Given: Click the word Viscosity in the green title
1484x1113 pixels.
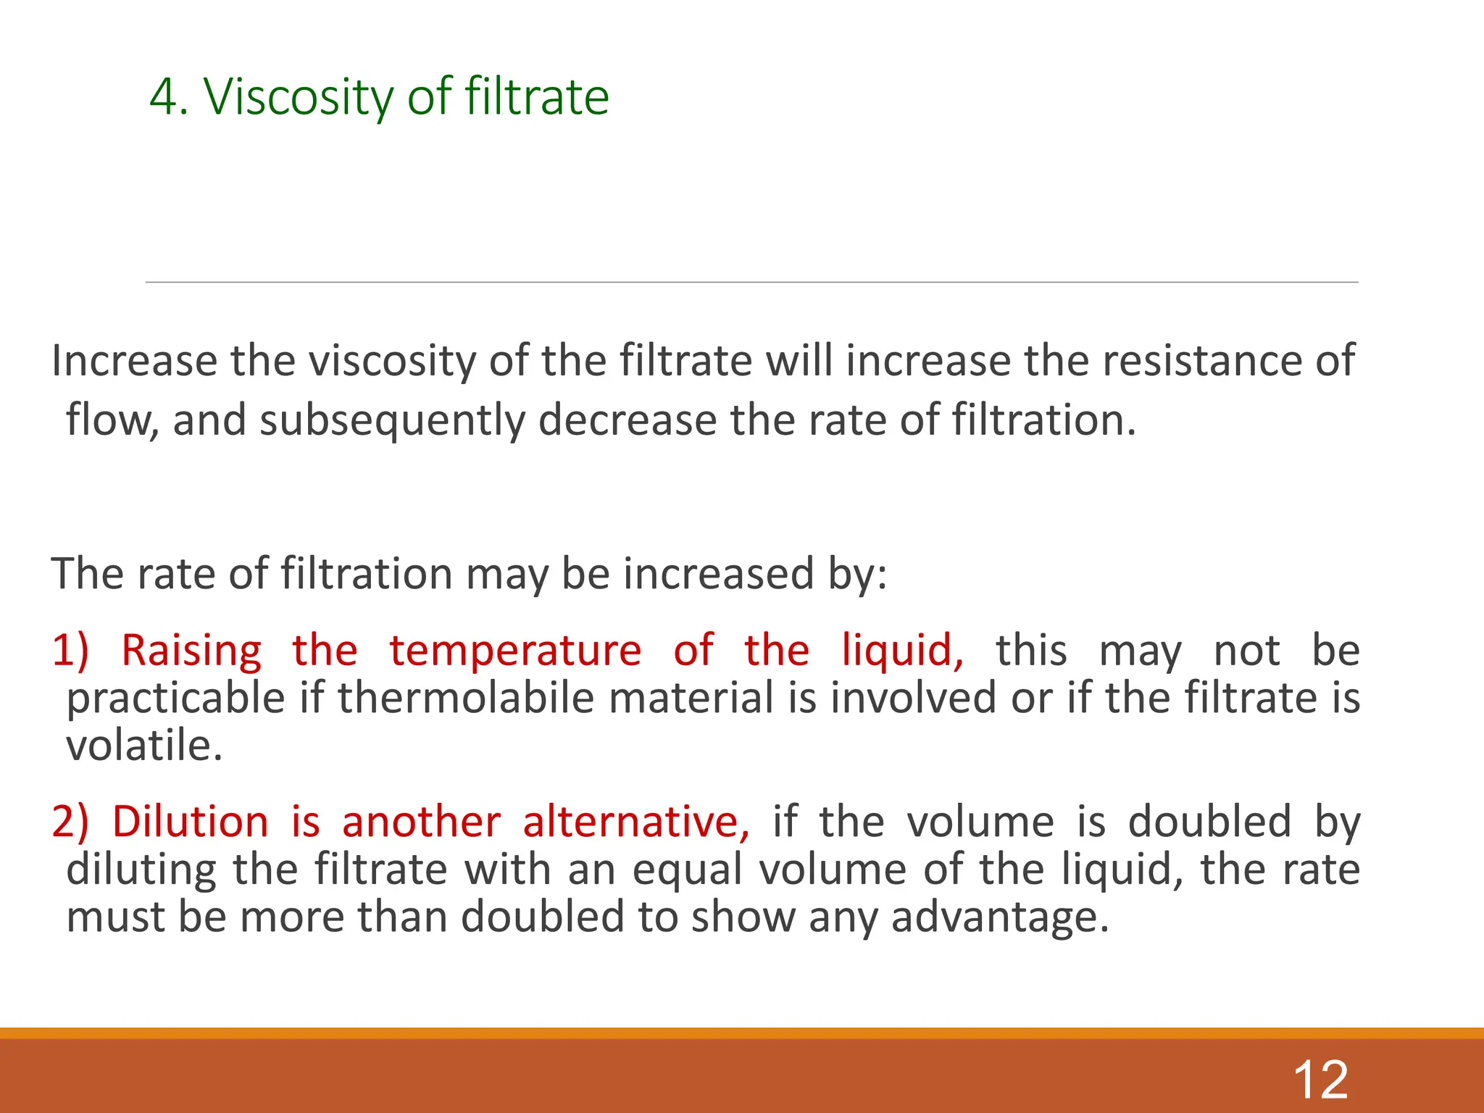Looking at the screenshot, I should point(298,97).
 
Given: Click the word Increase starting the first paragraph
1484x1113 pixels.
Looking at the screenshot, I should point(134,360).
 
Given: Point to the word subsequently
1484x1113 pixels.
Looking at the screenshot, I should point(391,420).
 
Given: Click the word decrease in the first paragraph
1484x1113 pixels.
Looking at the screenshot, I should point(627,420).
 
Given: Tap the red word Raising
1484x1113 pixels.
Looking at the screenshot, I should point(191,650).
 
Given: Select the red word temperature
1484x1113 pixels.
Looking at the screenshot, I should point(515,650).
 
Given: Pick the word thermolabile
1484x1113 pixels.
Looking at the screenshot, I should point(467,698).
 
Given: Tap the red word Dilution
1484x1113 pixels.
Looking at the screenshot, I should point(191,822).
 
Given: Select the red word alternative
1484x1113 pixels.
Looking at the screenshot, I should point(635,822).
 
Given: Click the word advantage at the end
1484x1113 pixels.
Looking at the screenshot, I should point(999,917).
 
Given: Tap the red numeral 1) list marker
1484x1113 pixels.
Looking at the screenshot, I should point(70,650).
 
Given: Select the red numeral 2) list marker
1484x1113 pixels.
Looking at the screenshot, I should point(70,822).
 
